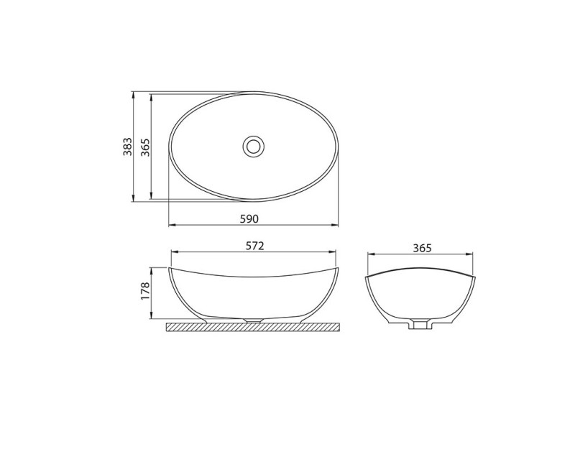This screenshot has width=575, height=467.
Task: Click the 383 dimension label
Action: click(127, 147)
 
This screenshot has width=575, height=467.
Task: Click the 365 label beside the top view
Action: click(146, 147)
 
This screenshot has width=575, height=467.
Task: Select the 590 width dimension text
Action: click(249, 219)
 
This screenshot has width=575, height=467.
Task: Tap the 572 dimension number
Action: click(254, 246)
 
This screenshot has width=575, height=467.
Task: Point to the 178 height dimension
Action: click(146, 291)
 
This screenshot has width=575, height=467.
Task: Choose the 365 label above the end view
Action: click(422, 248)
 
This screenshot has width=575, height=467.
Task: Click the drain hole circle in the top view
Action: click(254, 147)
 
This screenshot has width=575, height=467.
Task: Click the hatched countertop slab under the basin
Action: click(254, 327)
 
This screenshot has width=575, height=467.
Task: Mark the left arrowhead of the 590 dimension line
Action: click(172, 225)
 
